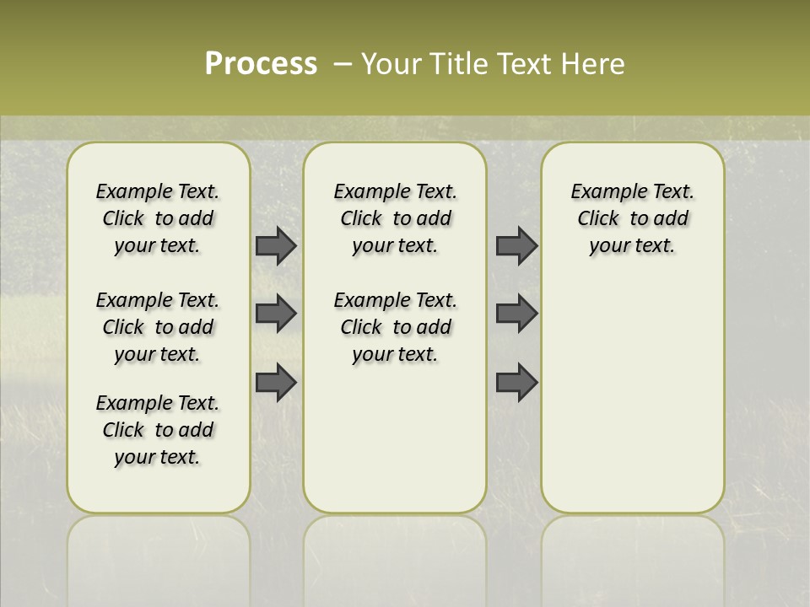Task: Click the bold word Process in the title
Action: tap(261, 64)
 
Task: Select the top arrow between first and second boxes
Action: tap(276, 245)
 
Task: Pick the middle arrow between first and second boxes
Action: tap(276, 314)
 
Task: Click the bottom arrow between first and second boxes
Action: tap(276, 382)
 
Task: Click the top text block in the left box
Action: tap(158, 218)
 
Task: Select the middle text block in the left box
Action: tap(158, 327)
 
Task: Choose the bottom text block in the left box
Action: tap(158, 430)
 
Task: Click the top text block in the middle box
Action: tap(395, 218)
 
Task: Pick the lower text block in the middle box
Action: tap(395, 327)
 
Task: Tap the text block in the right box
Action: tap(632, 218)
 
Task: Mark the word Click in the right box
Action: tap(598, 219)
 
